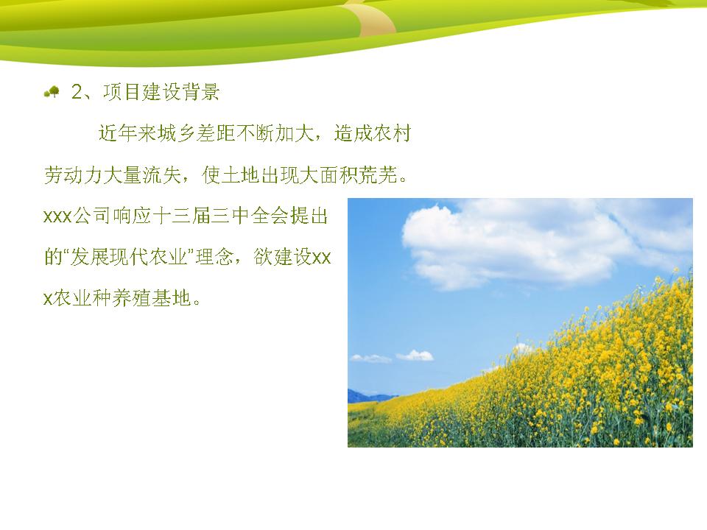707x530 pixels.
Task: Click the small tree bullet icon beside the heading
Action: (52, 92)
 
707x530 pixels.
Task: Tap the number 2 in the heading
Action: (77, 92)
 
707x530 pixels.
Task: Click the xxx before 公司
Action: (57, 216)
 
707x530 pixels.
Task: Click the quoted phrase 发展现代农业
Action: (128, 258)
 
